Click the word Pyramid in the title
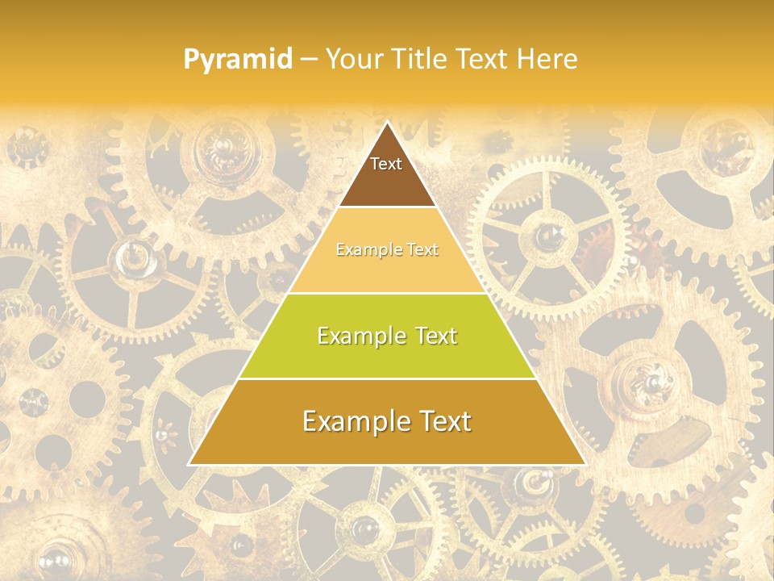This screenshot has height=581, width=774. tap(237, 60)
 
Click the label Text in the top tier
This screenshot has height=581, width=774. tap(386, 164)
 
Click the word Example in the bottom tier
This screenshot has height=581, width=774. tap(352, 421)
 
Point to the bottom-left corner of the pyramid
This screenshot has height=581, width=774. tap(189, 465)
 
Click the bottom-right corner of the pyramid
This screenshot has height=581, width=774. tap(585, 465)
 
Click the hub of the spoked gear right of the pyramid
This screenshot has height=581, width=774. tap(551, 235)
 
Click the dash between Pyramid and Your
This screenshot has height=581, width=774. tap(308, 60)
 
